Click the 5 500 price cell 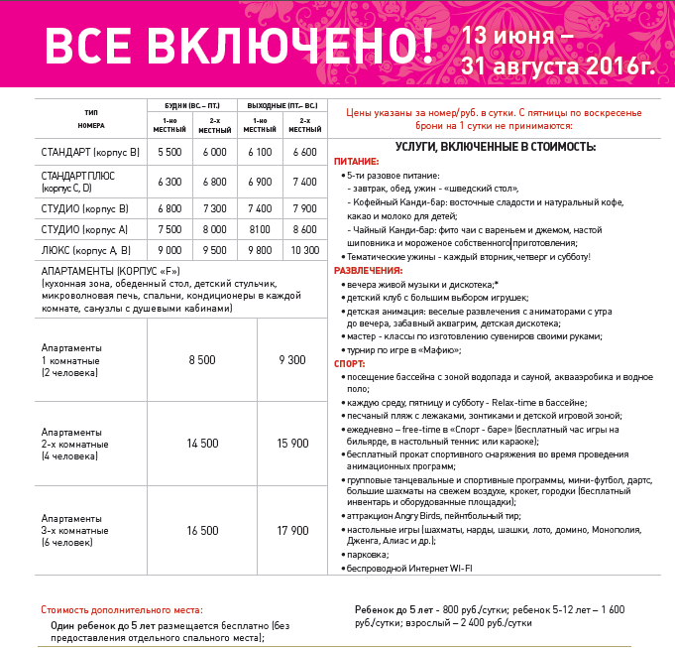point(169,152)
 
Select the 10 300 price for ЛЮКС point(305,250)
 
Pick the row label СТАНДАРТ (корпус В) point(90,152)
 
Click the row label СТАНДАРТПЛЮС point(80,176)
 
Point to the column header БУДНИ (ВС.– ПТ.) point(192,104)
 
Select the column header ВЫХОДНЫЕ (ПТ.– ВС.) point(281,104)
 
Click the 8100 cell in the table point(260,229)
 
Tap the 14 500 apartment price point(202,444)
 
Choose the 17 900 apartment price point(293,531)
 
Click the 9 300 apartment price point(293,360)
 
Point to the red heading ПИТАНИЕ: point(356,161)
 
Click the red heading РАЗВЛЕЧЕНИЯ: point(368,270)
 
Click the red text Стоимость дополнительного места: point(121,608)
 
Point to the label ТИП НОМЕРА point(91,119)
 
